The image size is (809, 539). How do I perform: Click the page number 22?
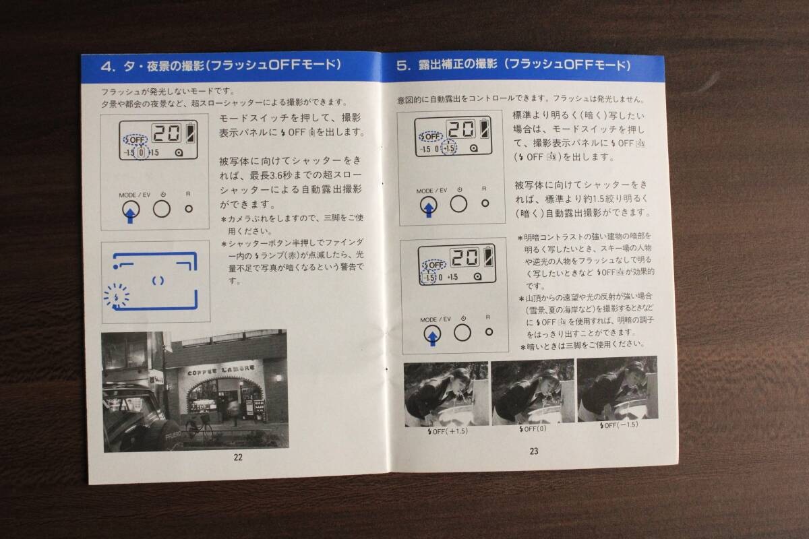[x=238, y=457]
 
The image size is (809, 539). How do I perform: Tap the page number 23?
[x=534, y=451]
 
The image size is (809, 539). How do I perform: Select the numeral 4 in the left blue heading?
[x=108, y=67]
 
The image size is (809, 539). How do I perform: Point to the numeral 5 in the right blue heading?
[x=402, y=66]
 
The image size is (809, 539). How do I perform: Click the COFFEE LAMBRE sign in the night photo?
[x=220, y=370]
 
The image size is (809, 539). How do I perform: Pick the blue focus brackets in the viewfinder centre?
[x=158, y=281]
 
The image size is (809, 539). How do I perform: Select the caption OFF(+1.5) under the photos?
[x=448, y=431]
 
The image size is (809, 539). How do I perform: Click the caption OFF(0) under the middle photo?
[x=533, y=429]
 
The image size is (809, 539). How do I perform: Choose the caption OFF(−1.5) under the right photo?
[x=619, y=425]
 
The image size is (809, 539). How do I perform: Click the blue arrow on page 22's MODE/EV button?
[x=130, y=213]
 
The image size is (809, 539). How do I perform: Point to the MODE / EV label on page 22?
[x=134, y=195]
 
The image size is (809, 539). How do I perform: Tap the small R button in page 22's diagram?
[x=189, y=209]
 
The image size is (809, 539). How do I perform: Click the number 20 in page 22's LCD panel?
[x=167, y=133]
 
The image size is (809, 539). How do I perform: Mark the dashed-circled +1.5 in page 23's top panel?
[x=449, y=148]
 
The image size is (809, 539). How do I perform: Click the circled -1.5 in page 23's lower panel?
[x=429, y=278]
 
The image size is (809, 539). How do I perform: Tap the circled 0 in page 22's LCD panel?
[x=142, y=152]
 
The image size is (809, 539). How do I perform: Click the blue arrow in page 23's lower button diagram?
[x=432, y=338]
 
